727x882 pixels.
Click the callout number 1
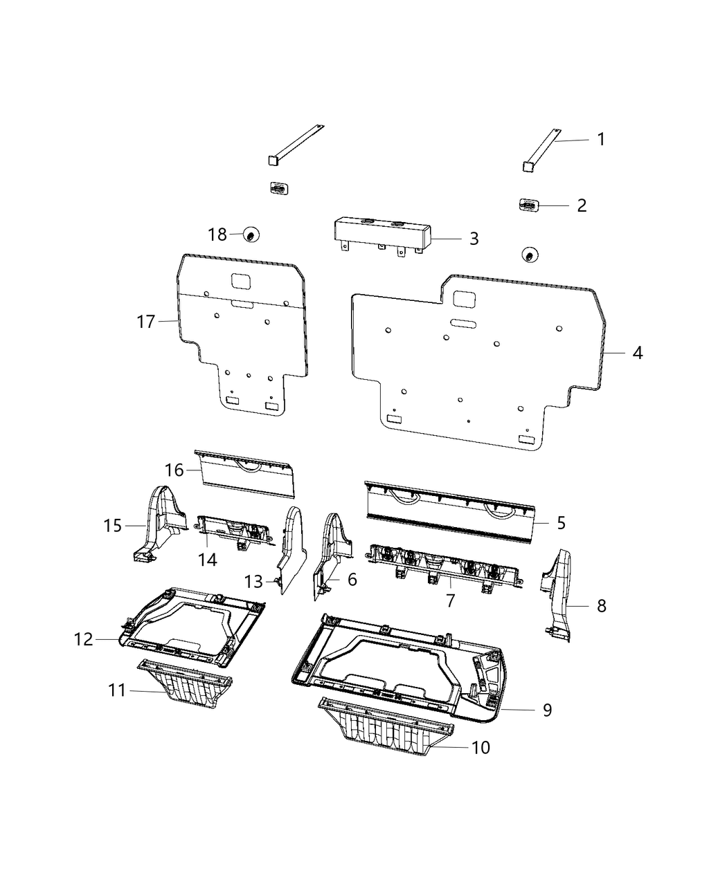601,139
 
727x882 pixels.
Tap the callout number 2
582,205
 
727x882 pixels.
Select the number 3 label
474,239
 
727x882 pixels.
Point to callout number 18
217,235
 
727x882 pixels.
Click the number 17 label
146,322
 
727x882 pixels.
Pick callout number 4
637,353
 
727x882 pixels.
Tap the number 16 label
174,470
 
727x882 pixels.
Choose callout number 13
253,582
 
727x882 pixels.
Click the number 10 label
481,747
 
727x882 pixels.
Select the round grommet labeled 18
251,236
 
